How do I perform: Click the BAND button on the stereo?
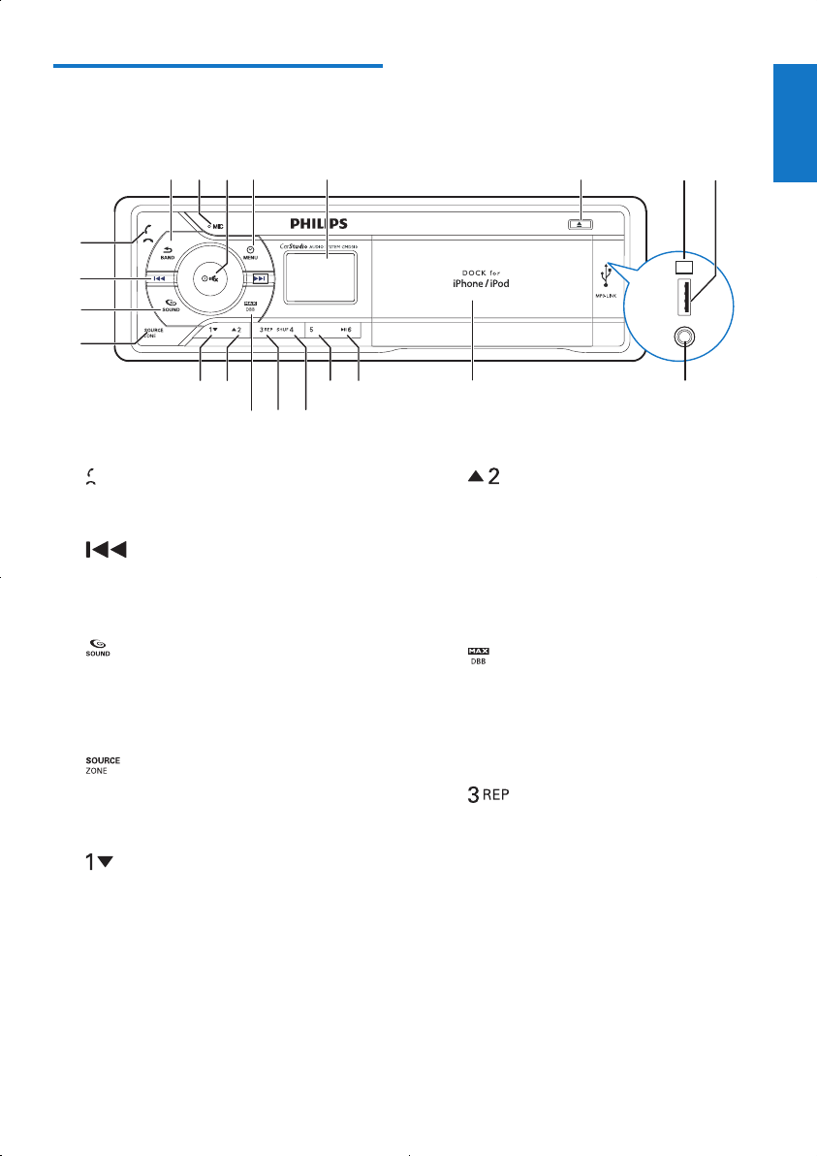(167, 253)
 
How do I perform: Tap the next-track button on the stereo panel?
(259, 279)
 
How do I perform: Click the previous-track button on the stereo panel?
(160, 279)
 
